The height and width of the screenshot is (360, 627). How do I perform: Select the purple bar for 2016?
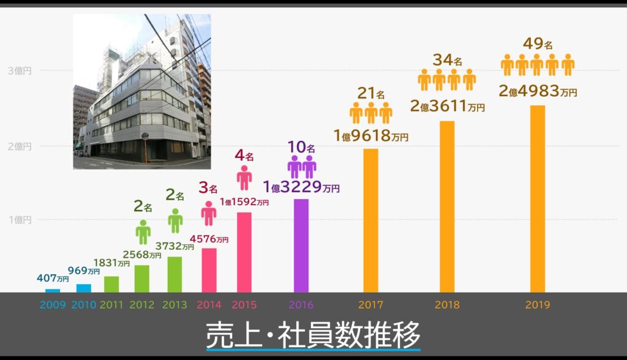(x=301, y=246)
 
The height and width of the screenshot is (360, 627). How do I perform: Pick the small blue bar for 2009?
(x=53, y=290)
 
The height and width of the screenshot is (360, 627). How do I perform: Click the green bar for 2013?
(x=175, y=274)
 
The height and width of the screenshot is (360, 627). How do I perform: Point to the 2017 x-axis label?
(x=370, y=304)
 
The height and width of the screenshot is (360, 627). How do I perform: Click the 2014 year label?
(x=209, y=304)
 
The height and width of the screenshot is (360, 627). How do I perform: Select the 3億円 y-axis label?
(x=20, y=70)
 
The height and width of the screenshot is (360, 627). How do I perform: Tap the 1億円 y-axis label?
(x=20, y=220)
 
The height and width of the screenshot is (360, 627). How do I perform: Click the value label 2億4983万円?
(x=538, y=92)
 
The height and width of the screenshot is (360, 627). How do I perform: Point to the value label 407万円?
(x=51, y=278)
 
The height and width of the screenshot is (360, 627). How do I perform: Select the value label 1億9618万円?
(x=370, y=136)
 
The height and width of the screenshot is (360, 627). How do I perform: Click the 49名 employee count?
(x=538, y=44)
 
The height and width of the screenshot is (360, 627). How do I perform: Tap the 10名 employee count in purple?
(x=302, y=148)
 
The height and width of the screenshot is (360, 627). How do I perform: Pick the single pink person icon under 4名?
(x=244, y=178)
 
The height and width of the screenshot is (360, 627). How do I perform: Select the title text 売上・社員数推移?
(x=313, y=334)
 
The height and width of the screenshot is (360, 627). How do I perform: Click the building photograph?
(x=142, y=92)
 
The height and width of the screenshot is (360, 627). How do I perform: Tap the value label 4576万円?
(x=209, y=239)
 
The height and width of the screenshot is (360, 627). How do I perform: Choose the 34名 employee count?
(x=447, y=60)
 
